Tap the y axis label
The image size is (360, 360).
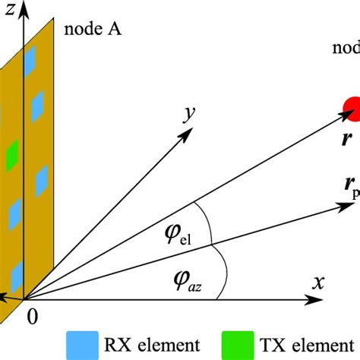[185, 114]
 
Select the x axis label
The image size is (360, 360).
[318, 283]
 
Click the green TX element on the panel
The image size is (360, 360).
[33, 157]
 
